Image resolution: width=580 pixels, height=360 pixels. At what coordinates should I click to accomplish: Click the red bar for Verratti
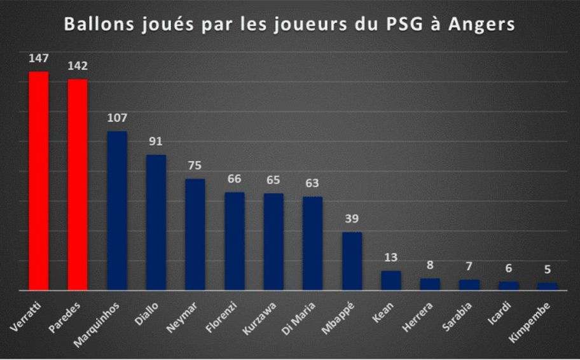click(39, 181)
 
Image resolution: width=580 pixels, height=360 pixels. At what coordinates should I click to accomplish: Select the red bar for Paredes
click(78, 184)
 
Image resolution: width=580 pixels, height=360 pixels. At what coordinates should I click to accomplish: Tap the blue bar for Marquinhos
click(117, 211)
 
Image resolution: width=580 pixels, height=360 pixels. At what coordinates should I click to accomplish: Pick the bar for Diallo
click(156, 222)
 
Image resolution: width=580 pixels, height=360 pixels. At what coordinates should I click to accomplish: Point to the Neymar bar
click(195, 234)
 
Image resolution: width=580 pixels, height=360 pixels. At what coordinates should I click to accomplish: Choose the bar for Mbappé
click(352, 261)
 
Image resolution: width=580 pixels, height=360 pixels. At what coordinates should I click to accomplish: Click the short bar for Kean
click(391, 280)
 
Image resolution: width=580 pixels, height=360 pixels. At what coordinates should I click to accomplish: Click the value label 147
click(39, 59)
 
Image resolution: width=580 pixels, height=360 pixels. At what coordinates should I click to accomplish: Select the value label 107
click(117, 118)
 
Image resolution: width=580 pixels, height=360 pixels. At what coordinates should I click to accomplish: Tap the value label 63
click(312, 184)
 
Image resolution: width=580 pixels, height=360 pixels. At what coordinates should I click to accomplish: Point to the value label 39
click(352, 219)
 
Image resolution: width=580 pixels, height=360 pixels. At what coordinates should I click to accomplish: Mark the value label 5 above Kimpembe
click(548, 270)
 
